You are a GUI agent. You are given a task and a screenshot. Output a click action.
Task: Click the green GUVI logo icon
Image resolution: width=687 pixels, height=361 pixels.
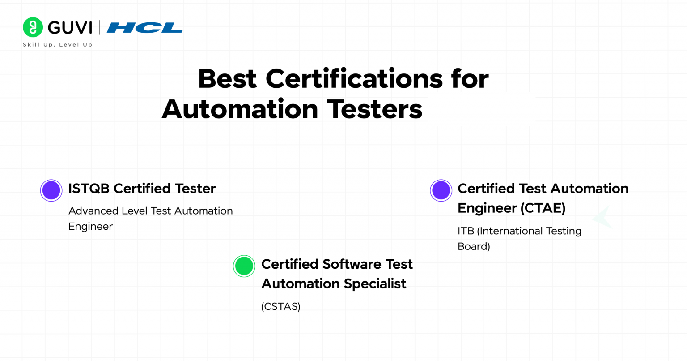[x=33, y=27]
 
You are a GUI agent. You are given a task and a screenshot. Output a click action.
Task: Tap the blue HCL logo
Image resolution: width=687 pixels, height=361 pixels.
[x=144, y=28]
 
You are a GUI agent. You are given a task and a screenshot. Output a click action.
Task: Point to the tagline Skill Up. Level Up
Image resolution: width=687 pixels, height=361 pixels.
[x=58, y=45]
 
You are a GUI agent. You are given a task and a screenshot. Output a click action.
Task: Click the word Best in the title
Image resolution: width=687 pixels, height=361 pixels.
[x=227, y=79]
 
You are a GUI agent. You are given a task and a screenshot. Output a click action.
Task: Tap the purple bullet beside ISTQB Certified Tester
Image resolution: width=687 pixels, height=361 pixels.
[x=51, y=190]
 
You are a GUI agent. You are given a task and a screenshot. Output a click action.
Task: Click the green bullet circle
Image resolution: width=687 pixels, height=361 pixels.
[x=244, y=266]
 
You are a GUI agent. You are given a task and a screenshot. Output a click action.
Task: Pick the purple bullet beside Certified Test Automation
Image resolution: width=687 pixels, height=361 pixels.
[x=441, y=190]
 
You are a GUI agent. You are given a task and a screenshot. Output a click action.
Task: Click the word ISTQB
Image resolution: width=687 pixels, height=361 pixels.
[x=89, y=189]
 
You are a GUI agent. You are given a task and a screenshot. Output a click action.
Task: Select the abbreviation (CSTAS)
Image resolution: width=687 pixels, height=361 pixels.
[x=280, y=307]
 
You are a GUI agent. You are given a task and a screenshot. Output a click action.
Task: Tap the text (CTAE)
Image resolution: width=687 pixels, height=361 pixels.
[x=542, y=208]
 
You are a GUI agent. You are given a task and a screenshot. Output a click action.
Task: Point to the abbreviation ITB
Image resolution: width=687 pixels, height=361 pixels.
[x=466, y=231]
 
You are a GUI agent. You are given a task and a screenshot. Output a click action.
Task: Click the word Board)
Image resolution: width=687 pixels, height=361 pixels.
[x=474, y=246]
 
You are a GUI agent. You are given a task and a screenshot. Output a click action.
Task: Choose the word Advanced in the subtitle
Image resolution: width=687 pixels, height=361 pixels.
[x=93, y=211]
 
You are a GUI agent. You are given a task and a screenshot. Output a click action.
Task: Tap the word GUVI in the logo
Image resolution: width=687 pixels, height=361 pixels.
[x=70, y=28]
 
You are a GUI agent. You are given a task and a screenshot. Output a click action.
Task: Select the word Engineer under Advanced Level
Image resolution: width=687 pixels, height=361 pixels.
[x=90, y=227]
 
